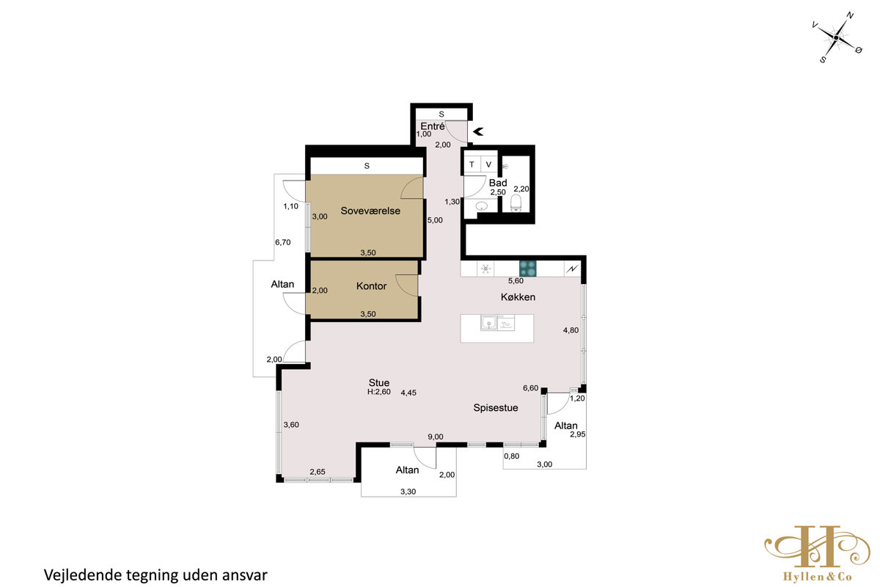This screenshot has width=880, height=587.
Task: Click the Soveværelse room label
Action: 370,211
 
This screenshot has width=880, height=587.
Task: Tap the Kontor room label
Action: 371,286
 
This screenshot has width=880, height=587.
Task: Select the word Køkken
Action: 518,297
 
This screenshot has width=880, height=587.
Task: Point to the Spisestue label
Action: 496,408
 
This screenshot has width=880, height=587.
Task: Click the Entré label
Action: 433,126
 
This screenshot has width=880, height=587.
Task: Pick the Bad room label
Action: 498,183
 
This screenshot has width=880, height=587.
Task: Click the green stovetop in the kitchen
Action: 527,269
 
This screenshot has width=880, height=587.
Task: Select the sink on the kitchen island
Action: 489,323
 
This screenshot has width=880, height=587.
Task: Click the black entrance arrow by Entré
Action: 478,132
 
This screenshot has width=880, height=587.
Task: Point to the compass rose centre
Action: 836,37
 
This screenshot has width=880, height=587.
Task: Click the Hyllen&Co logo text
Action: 818,577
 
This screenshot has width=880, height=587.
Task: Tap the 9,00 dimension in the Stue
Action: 436,437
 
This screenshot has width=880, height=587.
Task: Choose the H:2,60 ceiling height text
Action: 378,392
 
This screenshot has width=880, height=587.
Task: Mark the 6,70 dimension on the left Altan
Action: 283,242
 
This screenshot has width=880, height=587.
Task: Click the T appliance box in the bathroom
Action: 472,165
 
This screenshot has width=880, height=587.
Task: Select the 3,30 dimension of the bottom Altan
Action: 408,492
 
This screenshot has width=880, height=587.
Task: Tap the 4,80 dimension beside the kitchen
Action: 571,330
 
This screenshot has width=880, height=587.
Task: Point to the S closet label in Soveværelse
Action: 367,166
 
